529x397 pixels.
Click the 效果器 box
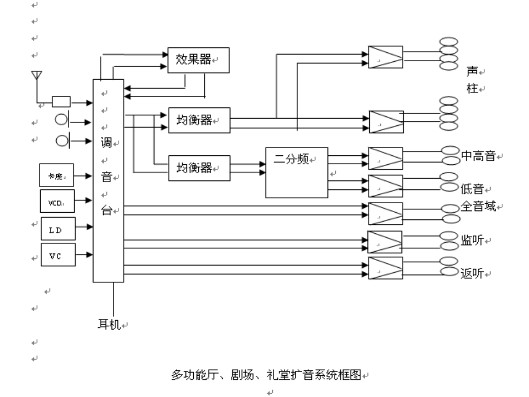click(199, 60)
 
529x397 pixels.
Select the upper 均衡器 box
click(199, 121)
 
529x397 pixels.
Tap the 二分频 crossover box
click(296, 173)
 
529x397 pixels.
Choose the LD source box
click(57, 228)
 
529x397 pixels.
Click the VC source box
click(57, 255)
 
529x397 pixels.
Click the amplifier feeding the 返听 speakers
click(385, 268)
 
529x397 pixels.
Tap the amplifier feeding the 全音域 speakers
click(385, 213)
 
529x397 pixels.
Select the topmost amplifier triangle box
click(385, 57)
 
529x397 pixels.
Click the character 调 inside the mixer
click(106, 144)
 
